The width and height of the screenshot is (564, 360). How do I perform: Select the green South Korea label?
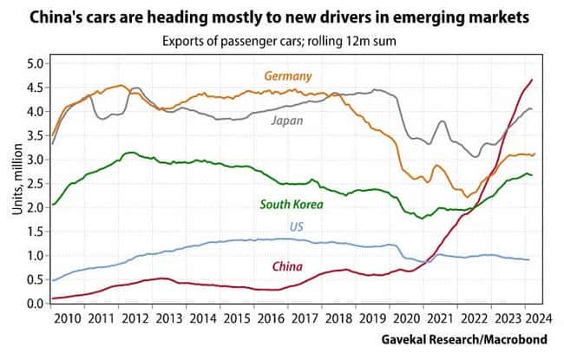(292, 205)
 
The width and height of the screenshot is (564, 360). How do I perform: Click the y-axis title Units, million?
(11, 183)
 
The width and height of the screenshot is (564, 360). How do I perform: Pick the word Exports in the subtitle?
(183, 40)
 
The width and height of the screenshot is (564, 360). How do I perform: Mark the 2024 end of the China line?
(531, 80)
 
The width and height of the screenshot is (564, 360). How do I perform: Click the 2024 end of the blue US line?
(528, 260)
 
